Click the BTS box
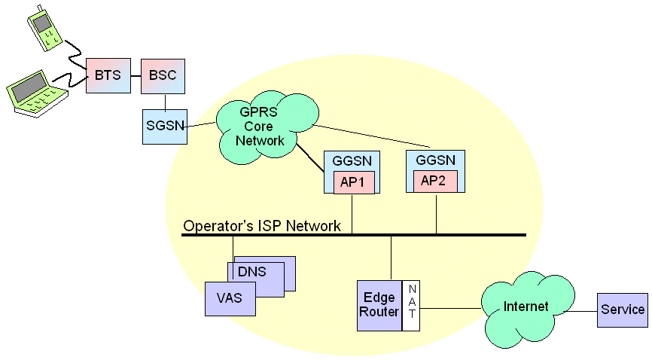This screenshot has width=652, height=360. coord(108,75)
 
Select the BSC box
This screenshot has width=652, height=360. coord(163,76)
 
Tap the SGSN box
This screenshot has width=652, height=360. coord(165,127)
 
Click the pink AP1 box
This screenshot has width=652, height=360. coord(354,182)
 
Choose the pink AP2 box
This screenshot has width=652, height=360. coord(435,182)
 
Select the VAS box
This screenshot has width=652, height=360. coord(230,299)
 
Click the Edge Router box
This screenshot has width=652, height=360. coord(379,306)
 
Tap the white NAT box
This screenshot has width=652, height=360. coord(411,306)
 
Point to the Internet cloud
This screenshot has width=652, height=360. coord(527,309)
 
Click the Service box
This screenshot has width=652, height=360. coord(623,310)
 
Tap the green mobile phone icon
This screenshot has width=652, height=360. coord(44,29)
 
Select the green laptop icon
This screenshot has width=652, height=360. coord(37,94)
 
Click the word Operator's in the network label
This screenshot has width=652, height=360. coord(218,226)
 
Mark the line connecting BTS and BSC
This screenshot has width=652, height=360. coord(136,76)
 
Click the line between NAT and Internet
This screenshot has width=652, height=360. coord(451,308)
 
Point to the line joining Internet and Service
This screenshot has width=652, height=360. coord(582,311)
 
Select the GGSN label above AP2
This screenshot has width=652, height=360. coord(435,160)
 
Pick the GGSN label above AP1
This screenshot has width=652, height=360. coord(352,161)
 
